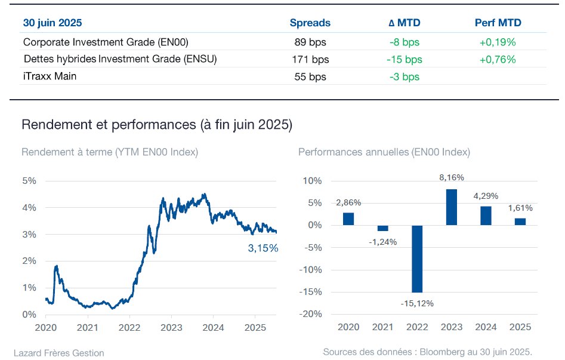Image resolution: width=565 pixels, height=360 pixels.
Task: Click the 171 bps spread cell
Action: (x=310, y=59)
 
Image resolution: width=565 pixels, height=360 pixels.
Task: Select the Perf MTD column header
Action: (x=498, y=23)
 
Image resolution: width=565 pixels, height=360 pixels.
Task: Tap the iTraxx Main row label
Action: (x=50, y=76)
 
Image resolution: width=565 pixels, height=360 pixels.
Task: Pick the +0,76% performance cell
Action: (x=497, y=59)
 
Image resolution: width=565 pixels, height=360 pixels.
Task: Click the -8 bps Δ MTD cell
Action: (x=405, y=42)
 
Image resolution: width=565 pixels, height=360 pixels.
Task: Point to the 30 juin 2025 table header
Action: (x=53, y=23)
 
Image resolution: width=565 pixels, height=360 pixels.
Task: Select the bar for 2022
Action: (x=417, y=259)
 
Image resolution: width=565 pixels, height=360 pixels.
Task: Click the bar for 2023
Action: (x=452, y=207)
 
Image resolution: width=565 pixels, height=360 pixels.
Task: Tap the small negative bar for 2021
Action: (x=382, y=228)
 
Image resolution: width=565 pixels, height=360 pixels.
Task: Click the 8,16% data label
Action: (x=452, y=177)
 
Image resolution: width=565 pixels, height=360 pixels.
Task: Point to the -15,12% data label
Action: (x=417, y=303)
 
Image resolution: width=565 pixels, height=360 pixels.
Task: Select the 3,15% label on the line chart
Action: (x=263, y=248)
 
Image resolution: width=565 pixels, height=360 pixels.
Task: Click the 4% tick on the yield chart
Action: (x=29, y=208)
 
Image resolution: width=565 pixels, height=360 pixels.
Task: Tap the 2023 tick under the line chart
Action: (x=171, y=328)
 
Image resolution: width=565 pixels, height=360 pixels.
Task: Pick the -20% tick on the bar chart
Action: (x=310, y=314)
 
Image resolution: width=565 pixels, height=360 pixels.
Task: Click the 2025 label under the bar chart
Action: (x=520, y=327)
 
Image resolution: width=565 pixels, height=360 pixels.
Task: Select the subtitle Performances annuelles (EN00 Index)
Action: (x=384, y=152)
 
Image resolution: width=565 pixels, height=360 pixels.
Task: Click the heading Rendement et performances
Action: (x=109, y=124)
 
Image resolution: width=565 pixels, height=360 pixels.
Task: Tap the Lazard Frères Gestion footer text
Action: (x=58, y=353)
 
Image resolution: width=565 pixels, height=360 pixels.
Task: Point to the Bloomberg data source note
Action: (x=427, y=352)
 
